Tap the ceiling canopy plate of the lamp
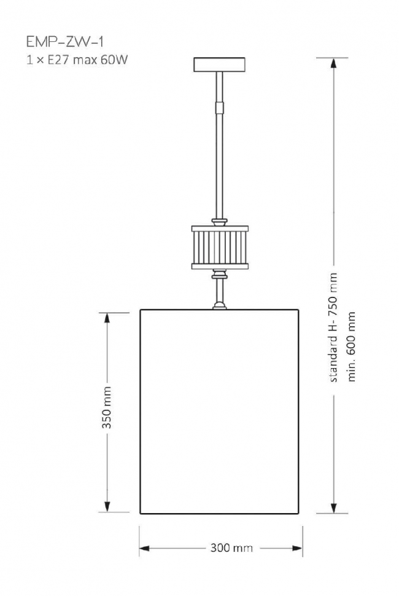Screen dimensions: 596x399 tap(219, 64)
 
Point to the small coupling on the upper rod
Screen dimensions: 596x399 tap(220, 108)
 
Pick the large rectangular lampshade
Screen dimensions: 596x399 tap(220, 412)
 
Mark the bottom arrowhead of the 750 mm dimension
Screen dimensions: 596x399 tap(334, 507)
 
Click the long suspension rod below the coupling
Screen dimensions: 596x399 tap(220, 166)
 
